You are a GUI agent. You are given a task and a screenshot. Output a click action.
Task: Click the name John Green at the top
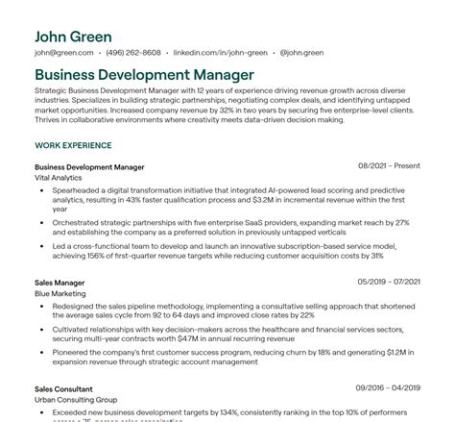coord(72,37)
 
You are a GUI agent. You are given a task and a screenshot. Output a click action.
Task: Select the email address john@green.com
coord(63,53)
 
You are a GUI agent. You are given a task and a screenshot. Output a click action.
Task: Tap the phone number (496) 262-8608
coord(133,53)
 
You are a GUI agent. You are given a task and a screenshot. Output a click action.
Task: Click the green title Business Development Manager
coord(144,74)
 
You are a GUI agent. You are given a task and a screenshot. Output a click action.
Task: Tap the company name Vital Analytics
coord(59,177)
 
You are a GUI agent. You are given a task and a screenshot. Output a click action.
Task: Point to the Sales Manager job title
coord(60,283)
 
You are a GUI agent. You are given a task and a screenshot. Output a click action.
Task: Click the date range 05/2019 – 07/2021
coord(388,283)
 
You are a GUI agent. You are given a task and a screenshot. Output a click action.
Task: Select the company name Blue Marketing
coord(60,293)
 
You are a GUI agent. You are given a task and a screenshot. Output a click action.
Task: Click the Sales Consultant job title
coord(62,387)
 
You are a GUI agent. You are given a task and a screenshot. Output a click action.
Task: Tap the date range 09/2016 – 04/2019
coord(388,387)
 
